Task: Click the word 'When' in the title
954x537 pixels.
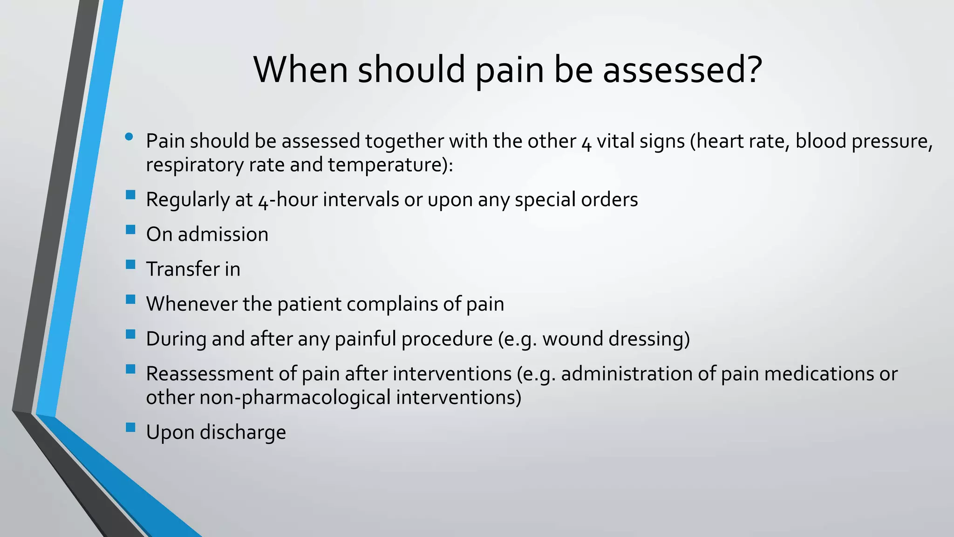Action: pos(300,70)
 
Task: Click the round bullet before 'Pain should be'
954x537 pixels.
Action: pos(129,137)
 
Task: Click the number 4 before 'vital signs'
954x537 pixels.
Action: pos(586,143)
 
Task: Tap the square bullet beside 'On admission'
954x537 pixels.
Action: pos(130,229)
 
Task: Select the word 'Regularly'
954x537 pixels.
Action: pos(187,200)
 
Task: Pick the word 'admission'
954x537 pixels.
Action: pos(223,234)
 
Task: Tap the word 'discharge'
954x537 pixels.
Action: pos(243,433)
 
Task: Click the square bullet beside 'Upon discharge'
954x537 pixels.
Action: pos(130,427)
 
